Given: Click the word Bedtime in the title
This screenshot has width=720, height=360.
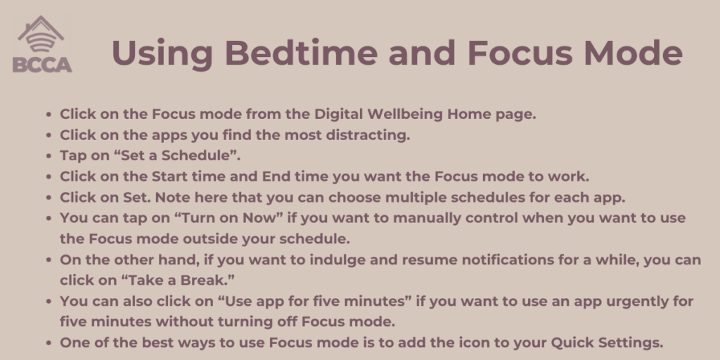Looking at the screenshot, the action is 301,53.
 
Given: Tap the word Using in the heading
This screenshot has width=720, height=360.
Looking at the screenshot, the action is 162,54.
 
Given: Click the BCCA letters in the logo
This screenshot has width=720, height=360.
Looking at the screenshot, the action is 42,65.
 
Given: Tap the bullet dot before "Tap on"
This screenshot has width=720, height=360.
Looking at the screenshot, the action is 49,156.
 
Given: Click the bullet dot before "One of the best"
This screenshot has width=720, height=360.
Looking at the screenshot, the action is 49,343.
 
